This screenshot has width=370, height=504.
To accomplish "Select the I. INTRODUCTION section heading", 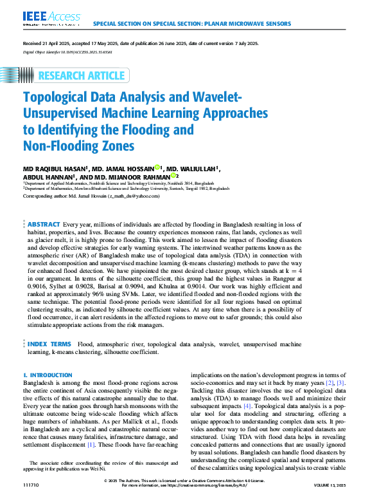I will pyautogui.click(x=48, y=375).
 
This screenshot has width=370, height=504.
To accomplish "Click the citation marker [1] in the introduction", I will pyautogui.click(x=91, y=444).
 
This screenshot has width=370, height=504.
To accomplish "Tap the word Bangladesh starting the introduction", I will pyautogui.click(x=40, y=383).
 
